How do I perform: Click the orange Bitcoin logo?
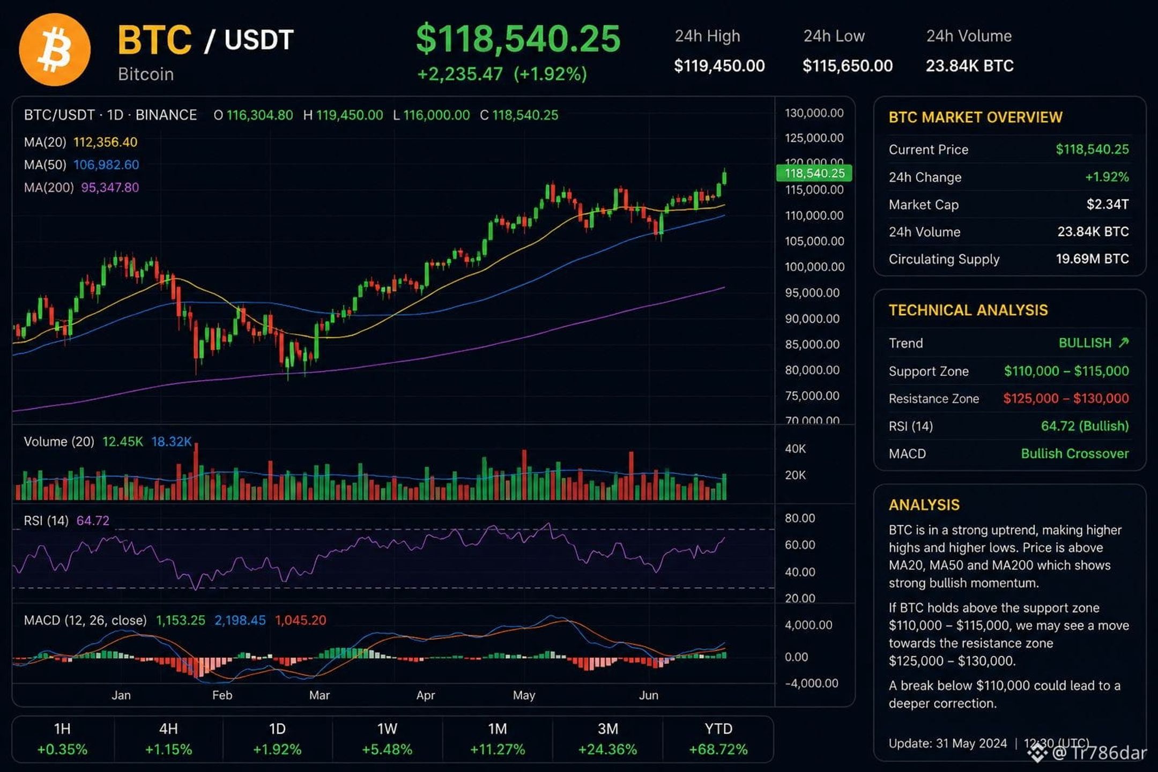tap(55, 49)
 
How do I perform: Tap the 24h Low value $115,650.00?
tap(848, 66)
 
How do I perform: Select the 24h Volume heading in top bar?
tap(969, 36)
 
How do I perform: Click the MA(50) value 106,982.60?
tap(106, 165)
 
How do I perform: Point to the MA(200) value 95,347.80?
tap(110, 187)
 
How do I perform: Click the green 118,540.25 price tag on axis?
tap(814, 173)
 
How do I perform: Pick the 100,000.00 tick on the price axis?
tap(814, 266)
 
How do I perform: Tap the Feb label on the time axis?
tap(222, 695)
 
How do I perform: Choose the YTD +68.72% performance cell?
tap(718, 739)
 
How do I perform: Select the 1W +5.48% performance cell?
tap(387, 739)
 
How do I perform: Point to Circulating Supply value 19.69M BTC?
tap(1092, 259)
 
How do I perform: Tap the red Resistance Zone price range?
tap(1066, 398)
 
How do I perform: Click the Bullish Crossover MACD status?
tap(1075, 454)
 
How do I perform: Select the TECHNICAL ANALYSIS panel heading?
tap(968, 310)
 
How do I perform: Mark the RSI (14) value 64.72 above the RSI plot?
tap(93, 521)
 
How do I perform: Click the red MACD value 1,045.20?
tap(300, 620)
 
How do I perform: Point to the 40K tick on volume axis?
tap(795, 449)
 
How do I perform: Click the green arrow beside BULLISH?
tap(1124, 343)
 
